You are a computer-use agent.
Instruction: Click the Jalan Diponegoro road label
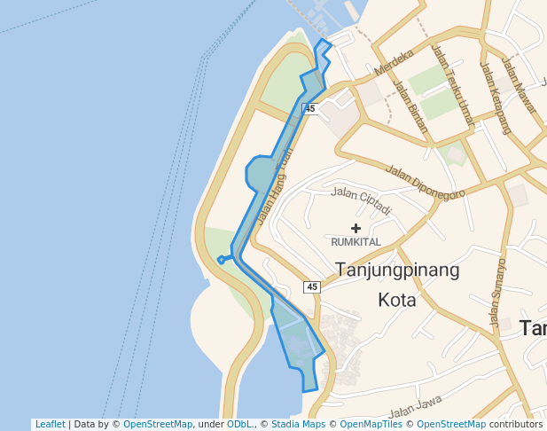[426, 181]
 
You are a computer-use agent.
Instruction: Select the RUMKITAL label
[356, 241]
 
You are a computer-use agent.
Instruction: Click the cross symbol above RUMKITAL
[356, 228]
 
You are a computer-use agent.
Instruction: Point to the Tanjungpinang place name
[397, 270]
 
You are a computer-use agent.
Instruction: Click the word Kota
[397, 300]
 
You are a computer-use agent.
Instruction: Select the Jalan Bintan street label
[410, 106]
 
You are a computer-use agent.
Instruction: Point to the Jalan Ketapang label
[496, 97]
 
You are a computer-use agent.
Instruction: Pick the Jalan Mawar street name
[520, 86]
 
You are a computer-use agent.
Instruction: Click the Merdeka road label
[395, 61]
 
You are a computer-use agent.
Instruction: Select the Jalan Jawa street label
[414, 410]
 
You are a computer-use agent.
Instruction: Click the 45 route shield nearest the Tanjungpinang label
[311, 286]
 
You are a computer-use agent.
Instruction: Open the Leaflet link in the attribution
[50, 424]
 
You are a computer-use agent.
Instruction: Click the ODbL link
[239, 424]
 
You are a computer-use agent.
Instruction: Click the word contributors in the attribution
[516, 424]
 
